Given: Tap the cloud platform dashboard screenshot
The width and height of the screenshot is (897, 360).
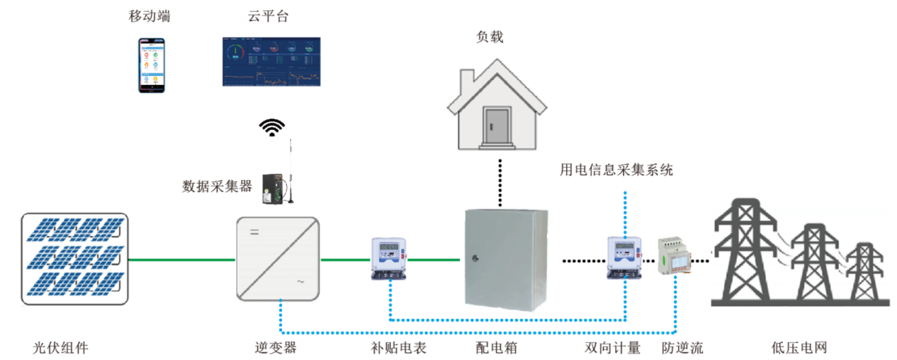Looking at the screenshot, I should pyautogui.click(x=271, y=62).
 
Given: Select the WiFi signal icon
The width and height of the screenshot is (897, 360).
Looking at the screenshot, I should pyautogui.click(x=271, y=127).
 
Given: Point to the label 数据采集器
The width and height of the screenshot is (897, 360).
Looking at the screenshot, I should pyautogui.click(x=217, y=186).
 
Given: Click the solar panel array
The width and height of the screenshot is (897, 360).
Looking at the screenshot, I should pyautogui.click(x=74, y=259).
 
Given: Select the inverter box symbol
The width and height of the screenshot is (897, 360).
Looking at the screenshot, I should pyautogui.click(x=277, y=259).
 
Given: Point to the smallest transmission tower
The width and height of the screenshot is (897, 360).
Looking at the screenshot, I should pyautogui.click(x=864, y=273).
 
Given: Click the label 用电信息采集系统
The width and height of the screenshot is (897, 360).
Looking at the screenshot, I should pyautogui.click(x=616, y=170).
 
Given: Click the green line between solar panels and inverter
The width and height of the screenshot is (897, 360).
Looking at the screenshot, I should pyautogui.click(x=181, y=259).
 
